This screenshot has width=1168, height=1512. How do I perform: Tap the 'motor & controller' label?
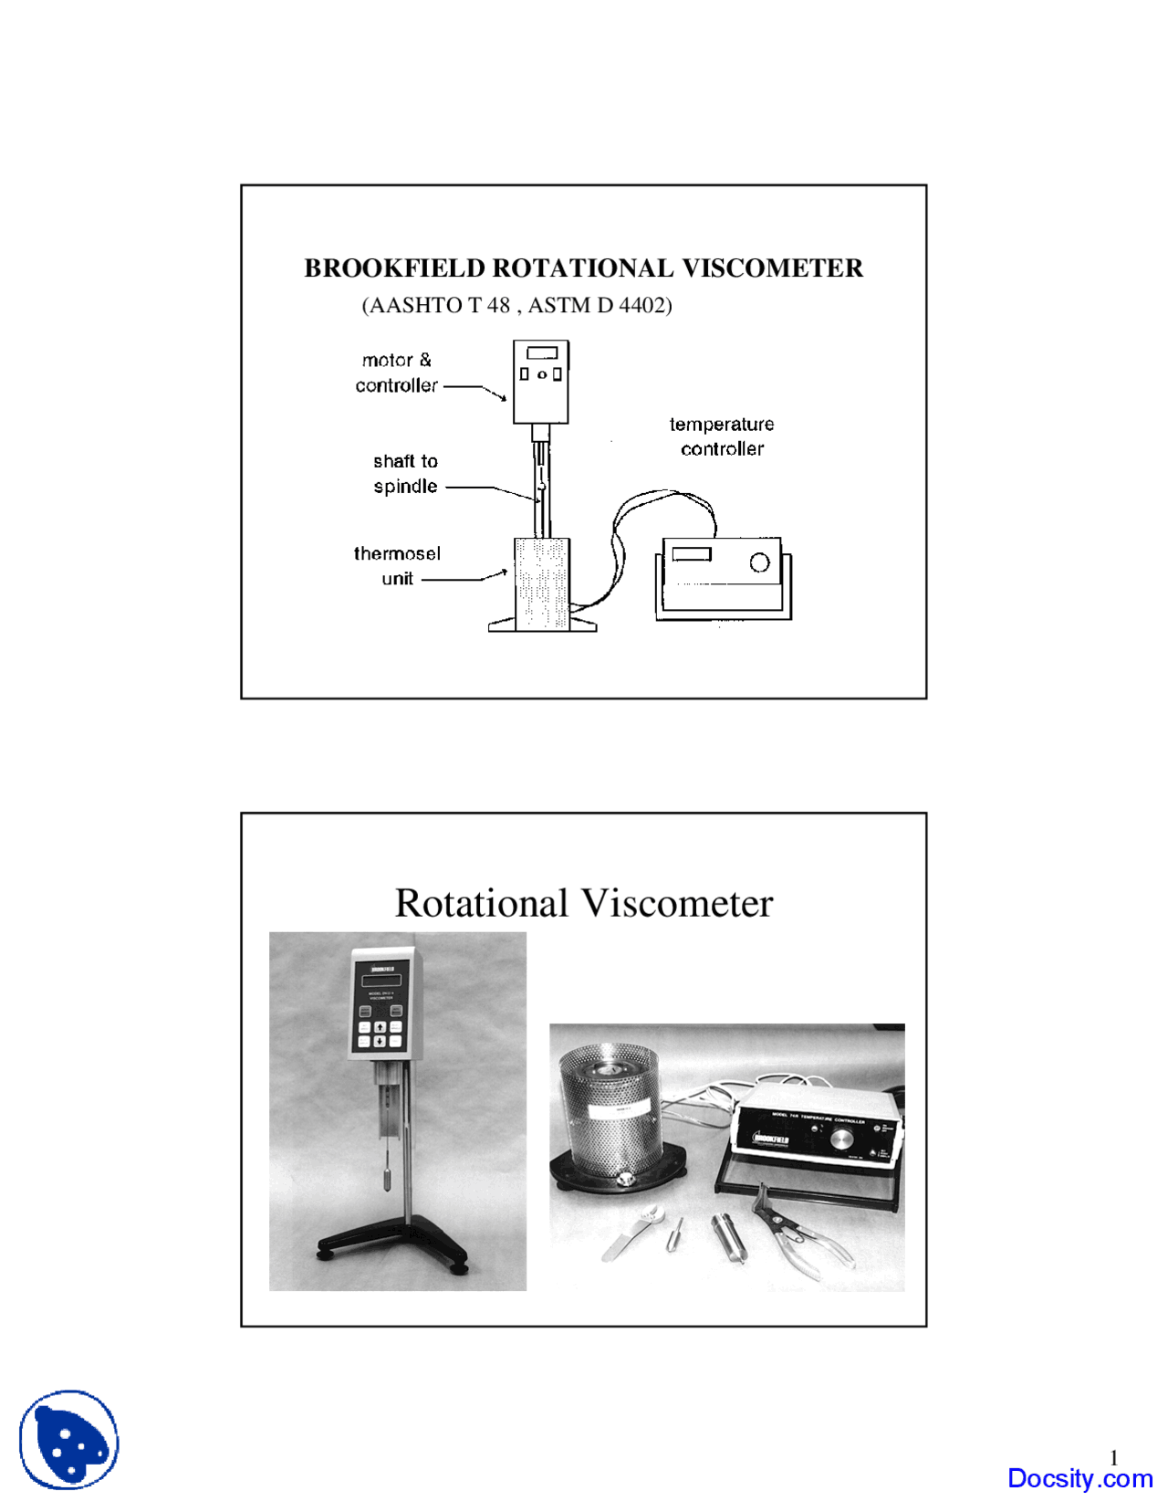point(396,373)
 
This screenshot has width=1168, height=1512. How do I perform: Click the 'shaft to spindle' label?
point(405,474)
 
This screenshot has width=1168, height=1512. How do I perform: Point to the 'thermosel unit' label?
point(397,566)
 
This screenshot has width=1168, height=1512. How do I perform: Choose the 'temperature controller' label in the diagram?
point(722,436)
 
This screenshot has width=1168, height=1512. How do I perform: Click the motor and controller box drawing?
point(541,381)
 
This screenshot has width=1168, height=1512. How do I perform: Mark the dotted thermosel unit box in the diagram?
point(542,583)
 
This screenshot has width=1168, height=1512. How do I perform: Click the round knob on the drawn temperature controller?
point(759,562)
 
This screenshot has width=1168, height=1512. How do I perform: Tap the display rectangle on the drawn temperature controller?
point(692,553)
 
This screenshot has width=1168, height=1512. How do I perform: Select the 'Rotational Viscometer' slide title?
point(584,903)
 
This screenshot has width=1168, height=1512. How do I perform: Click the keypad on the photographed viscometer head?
point(380,1034)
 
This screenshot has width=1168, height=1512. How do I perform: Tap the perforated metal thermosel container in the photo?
point(610,1114)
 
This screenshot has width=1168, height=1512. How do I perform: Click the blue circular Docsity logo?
point(69,1439)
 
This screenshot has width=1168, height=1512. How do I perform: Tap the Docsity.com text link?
point(1079,1478)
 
